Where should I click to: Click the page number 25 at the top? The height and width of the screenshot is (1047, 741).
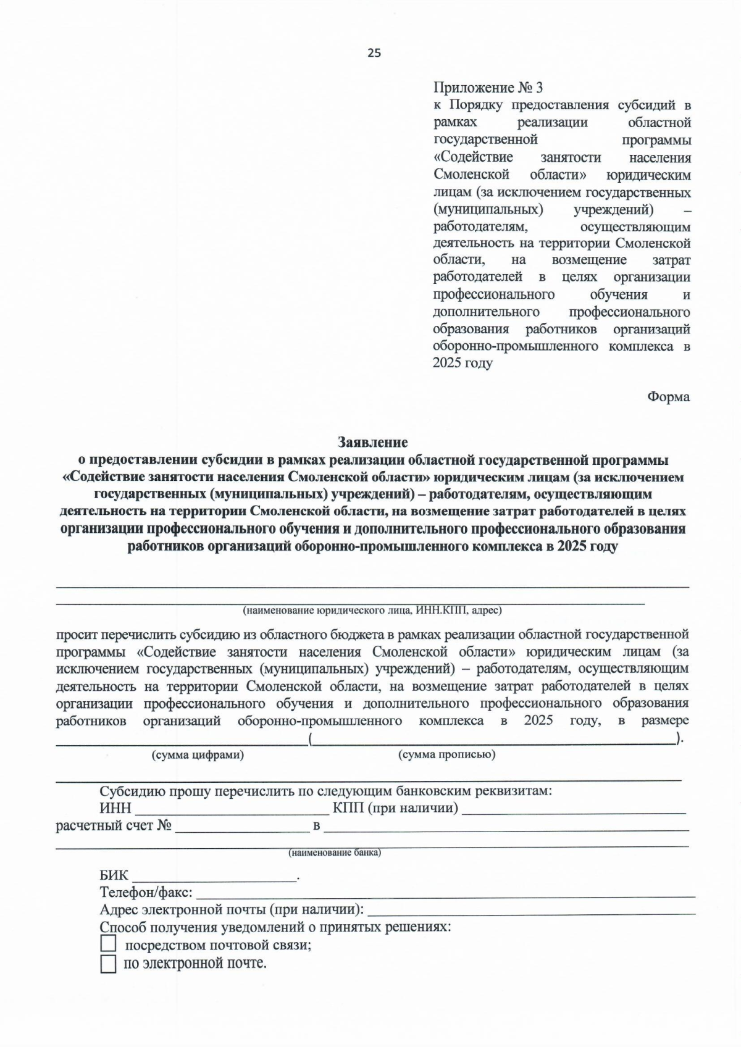pos(374,53)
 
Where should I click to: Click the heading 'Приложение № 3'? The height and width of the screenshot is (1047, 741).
pos(488,88)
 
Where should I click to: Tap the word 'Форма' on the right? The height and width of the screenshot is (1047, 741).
pos(668,397)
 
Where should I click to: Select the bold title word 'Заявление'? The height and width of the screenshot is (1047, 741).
pos(372,442)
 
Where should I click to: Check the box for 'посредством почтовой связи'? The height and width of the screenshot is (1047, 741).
pos(108,944)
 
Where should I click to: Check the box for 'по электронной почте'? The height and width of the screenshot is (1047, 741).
pos(108,964)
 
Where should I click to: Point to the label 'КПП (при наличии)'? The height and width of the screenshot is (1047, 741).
pos(395,808)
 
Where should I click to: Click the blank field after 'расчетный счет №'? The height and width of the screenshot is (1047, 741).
pos(241,826)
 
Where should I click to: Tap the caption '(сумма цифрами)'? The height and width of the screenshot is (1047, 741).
pos(198,754)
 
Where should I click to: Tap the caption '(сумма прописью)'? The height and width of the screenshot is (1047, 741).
pos(446,754)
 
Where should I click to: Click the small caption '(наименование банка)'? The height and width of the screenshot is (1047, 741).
pos(335,853)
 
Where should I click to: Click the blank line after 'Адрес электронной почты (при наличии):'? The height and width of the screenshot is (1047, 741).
pos(531,909)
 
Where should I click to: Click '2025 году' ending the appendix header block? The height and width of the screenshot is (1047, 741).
pos(462,363)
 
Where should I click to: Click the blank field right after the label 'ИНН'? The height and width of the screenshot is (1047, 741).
pos(232,808)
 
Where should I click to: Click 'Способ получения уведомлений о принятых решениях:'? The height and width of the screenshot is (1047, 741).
pos(275,927)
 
